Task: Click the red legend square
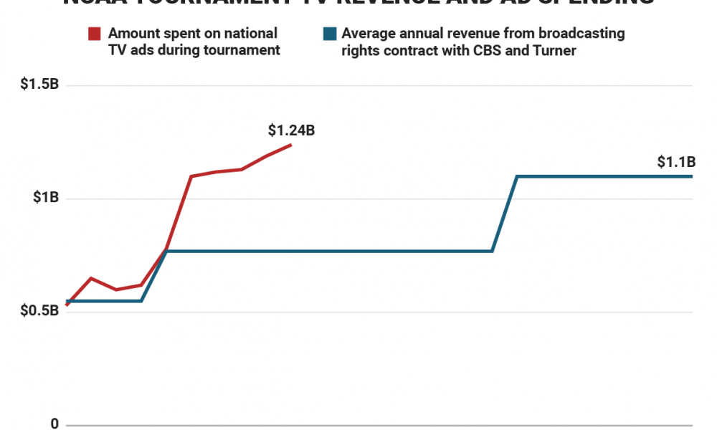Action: click(x=95, y=34)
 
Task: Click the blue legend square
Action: click(x=328, y=34)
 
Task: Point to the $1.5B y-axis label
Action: click(x=39, y=85)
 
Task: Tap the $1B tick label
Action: click(x=45, y=199)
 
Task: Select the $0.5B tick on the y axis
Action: click(x=39, y=312)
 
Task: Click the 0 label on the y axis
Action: click(x=54, y=424)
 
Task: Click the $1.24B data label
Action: click(x=291, y=130)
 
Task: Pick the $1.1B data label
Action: click(x=676, y=162)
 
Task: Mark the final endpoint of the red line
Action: click(x=291, y=145)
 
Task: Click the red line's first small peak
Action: click(x=91, y=278)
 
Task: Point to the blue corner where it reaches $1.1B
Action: click(x=517, y=176)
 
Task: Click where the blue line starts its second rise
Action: click(x=492, y=251)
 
